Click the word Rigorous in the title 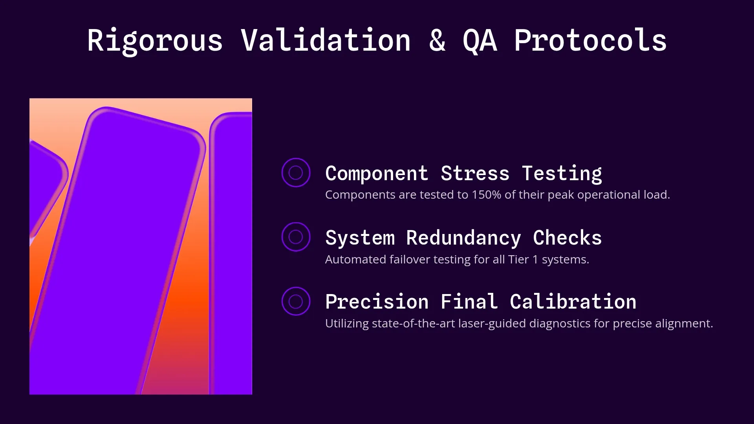[155, 40]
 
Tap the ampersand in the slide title [437, 40]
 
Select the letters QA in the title [480, 40]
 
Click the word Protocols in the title [590, 40]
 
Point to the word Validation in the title [326, 40]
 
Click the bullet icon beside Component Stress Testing [296, 172]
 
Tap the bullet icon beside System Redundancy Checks [296, 237]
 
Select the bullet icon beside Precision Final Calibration [296, 301]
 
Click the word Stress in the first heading [475, 173]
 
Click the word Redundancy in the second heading [463, 238]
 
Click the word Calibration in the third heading [573, 302]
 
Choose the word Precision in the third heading [377, 302]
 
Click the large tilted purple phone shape [118, 251]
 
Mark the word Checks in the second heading [567, 238]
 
